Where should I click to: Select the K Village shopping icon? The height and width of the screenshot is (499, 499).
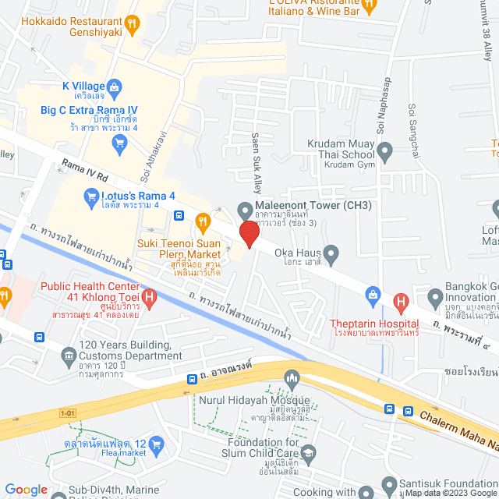coord(113,86)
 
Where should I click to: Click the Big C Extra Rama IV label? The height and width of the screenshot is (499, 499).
coord(89,110)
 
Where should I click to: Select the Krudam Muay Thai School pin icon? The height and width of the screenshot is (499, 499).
coord(384,149)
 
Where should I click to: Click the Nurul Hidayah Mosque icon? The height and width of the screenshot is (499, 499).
coord(293,378)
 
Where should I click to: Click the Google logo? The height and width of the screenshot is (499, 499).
coord(27,489)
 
